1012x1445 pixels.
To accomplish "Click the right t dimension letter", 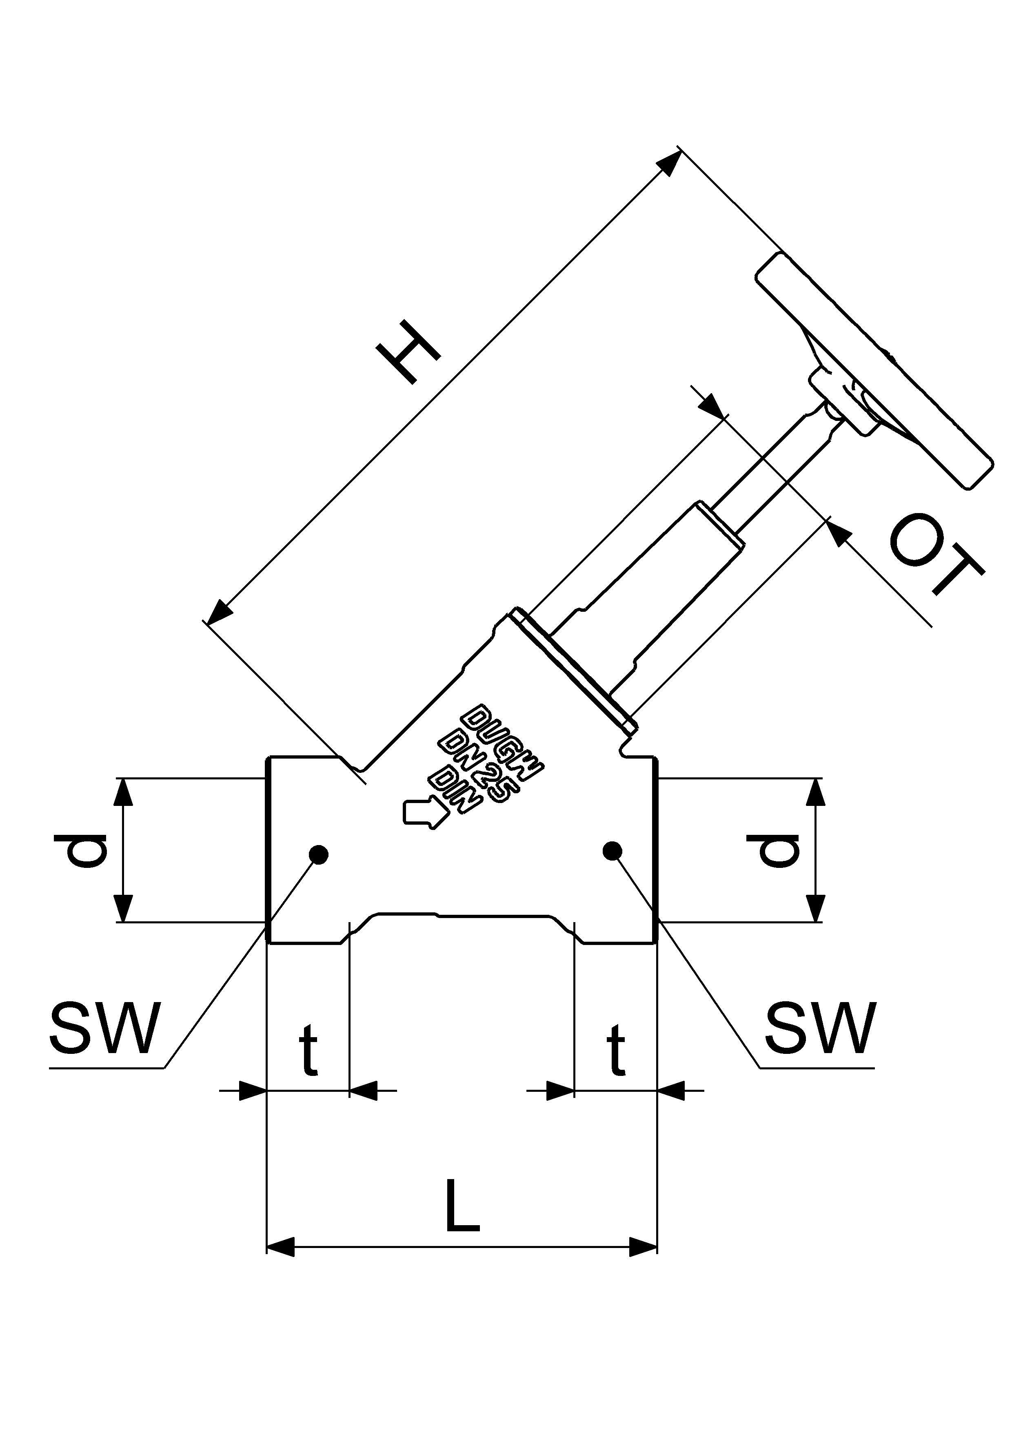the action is click(615, 1049).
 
